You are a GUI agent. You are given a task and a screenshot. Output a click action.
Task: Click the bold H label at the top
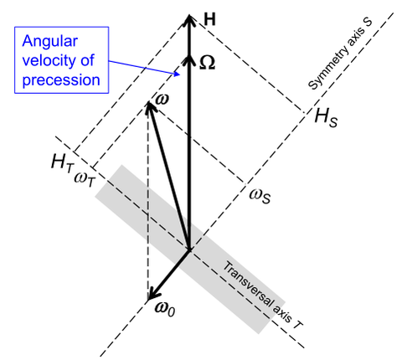pos(209,20)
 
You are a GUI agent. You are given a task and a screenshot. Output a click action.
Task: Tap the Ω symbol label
pos(207,64)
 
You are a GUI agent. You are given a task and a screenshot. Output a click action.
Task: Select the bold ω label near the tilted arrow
pos(162,100)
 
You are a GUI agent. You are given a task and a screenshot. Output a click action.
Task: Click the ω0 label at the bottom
pos(165,309)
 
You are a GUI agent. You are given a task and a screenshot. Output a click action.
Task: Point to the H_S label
pos(326,117)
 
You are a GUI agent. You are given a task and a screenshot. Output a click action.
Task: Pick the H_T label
pos(63,162)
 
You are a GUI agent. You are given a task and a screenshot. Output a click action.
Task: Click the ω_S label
pos(260,196)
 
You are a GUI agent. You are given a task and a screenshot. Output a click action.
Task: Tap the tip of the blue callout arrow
pos(179,75)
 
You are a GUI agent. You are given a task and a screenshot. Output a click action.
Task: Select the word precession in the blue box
pos(61,80)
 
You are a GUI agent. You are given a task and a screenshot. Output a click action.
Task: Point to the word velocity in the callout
pos(49,61)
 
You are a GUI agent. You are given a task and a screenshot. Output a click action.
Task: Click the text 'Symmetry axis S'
pos(340,54)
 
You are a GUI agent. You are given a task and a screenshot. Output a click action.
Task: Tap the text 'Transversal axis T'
pos(262,296)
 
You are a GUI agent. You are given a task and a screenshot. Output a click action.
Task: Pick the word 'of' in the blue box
pos(87,60)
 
